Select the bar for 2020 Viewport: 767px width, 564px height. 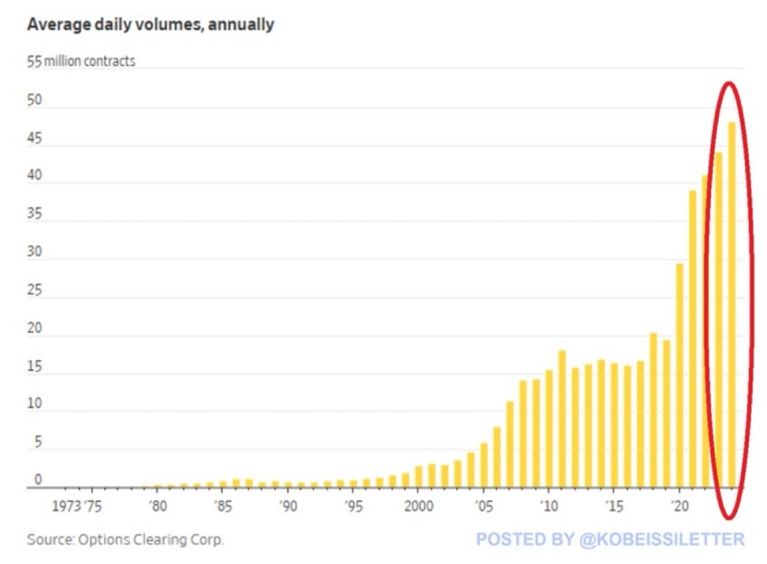pos(679,375)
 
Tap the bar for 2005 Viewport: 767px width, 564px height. pos(484,465)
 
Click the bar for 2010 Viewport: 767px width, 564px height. pos(549,428)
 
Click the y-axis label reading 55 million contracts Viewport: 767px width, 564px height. pos(81,61)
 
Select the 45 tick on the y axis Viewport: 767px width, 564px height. pos(34,139)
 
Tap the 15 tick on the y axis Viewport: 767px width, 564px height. pos(34,367)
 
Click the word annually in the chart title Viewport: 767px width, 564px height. pos(241,25)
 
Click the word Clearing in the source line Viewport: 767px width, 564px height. pos(164,539)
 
